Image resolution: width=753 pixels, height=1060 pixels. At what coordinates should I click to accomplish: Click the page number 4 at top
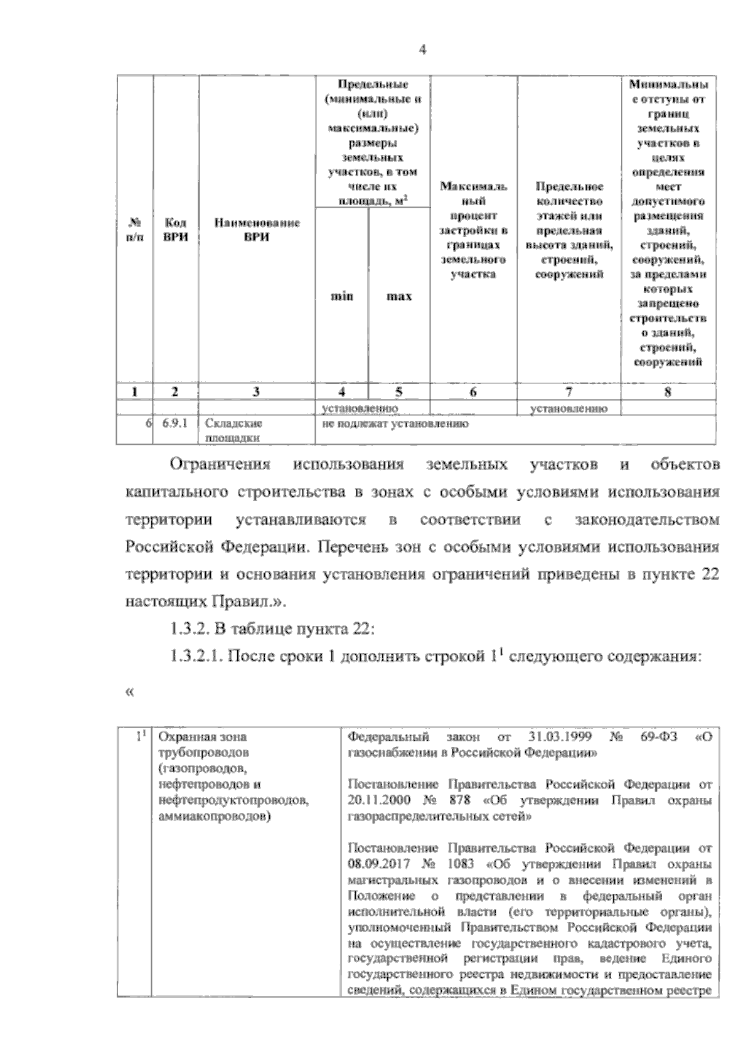coord(422,51)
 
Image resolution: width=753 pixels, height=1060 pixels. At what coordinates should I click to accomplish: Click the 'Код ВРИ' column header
coord(175,230)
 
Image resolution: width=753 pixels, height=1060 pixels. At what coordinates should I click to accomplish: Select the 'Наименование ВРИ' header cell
coord(257,230)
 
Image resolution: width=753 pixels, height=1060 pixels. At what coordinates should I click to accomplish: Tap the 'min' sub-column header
coord(341,296)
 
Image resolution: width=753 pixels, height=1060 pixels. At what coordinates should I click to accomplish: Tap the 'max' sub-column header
coord(398,296)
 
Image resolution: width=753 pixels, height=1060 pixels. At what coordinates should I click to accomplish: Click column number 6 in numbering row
coord(473,392)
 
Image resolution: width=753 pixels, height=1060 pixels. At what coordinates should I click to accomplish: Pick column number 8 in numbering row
coord(668,392)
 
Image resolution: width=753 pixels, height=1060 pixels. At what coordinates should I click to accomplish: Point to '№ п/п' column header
coord(134,230)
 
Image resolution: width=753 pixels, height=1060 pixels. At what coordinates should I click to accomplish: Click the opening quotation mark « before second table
coord(131,692)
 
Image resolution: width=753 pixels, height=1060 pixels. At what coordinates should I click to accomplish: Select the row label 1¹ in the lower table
coord(142,736)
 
